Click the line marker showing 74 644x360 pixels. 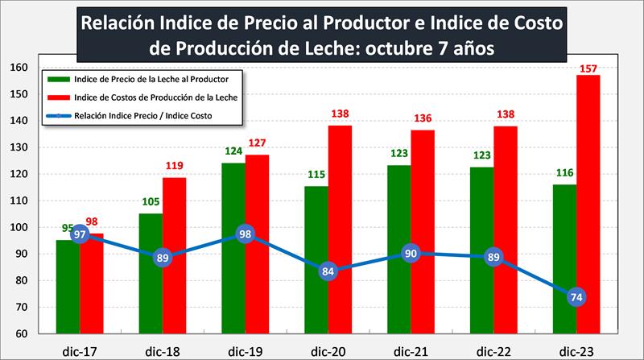tap(576, 297)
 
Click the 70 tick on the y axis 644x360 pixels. tap(20, 307)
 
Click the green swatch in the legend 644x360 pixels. tap(58, 79)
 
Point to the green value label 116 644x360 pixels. tap(564, 173)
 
